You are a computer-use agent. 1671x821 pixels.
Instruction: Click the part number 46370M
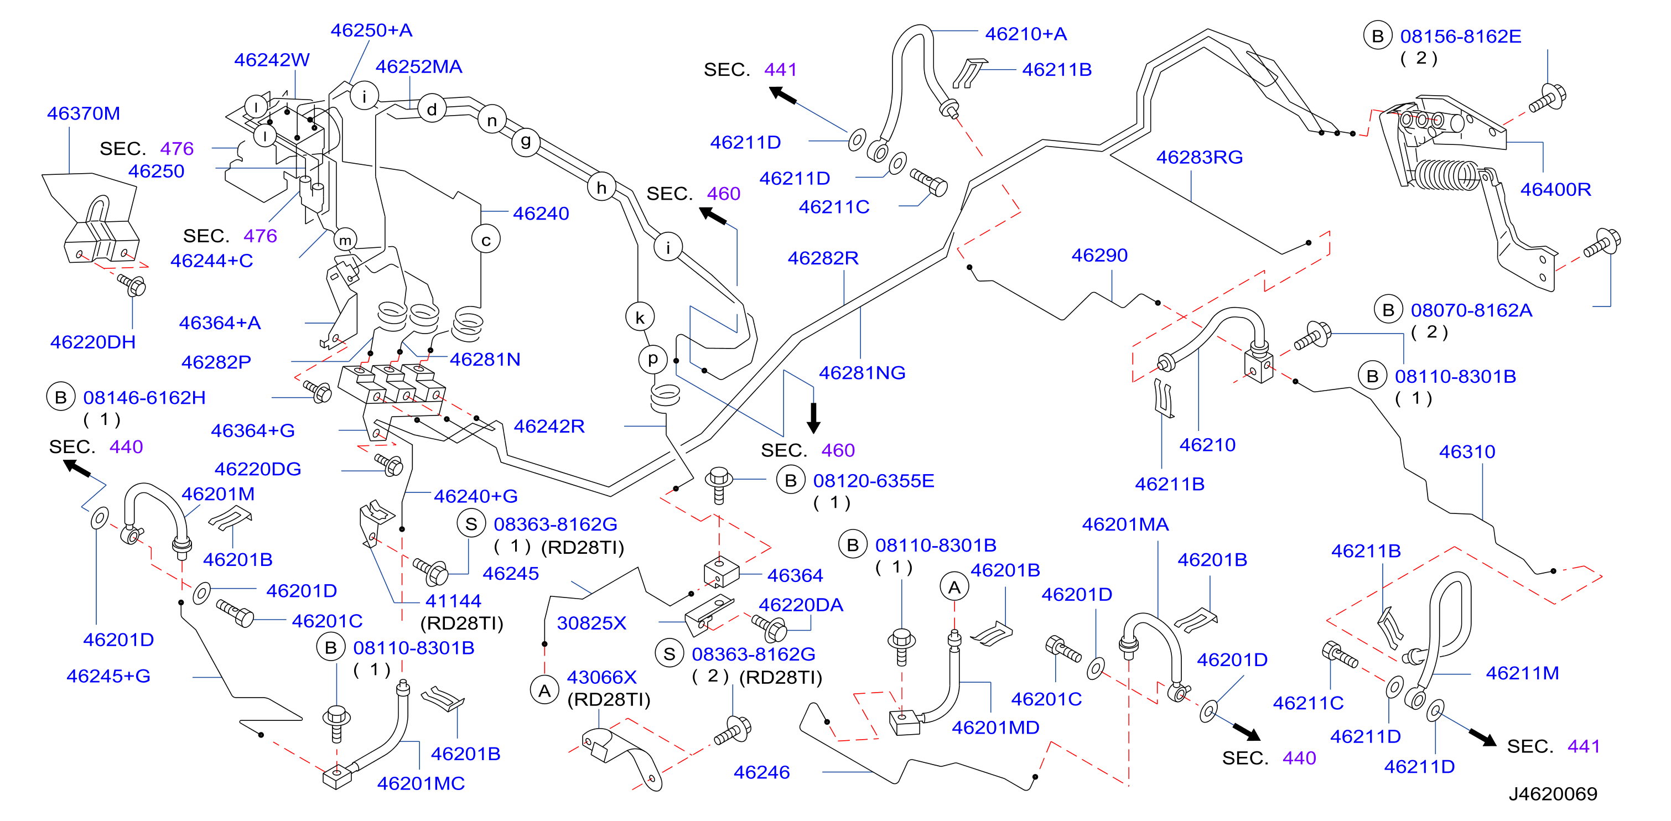pos(84,113)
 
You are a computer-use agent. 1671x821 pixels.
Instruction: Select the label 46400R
pos(1555,189)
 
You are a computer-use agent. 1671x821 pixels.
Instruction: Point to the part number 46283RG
pos(1200,157)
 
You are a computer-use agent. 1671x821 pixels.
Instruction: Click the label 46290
pos(1099,256)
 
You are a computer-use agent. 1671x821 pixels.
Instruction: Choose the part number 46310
pos(1467,452)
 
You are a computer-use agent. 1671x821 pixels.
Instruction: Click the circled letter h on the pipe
pos(602,188)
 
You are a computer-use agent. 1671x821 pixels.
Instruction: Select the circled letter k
pos(640,317)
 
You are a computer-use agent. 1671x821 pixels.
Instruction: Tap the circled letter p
pos(652,358)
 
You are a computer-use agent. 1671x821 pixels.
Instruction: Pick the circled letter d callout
pos(432,109)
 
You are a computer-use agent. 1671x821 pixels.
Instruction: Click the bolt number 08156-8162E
pos(1461,37)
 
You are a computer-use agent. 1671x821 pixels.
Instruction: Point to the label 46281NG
pos(862,373)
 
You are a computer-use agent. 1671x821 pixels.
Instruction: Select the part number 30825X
pos(591,623)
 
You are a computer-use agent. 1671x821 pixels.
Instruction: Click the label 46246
pos(761,772)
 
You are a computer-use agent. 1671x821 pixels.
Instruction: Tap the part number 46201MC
pos(421,784)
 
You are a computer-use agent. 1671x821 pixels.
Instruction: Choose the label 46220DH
pos(93,342)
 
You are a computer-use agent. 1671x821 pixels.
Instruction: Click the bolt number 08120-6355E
pos(874,481)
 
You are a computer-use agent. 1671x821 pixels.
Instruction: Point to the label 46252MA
pos(419,67)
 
